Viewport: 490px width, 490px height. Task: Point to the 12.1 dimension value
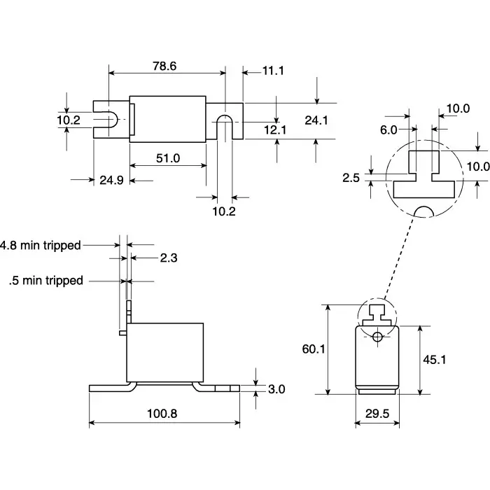tap(274, 129)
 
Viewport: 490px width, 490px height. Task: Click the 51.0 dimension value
tap(168, 158)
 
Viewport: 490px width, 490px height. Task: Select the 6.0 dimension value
tap(388, 129)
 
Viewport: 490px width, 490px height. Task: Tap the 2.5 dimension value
tap(351, 178)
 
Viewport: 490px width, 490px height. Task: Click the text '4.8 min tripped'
tap(41, 245)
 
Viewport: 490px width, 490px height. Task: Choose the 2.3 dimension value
tap(169, 258)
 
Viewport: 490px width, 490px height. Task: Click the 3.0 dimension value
tap(276, 389)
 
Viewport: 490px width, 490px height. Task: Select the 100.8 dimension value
tap(163, 414)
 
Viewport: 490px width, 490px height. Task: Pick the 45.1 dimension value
tap(435, 359)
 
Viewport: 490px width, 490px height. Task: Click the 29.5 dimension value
tap(377, 414)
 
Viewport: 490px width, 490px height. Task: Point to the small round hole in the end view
tap(377, 337)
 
